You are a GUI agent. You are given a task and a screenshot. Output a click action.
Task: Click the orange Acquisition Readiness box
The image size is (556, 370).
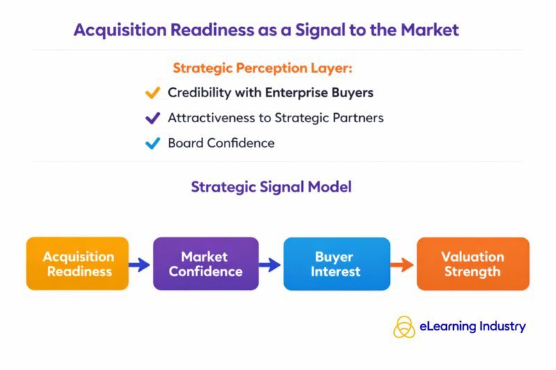coord(77,264)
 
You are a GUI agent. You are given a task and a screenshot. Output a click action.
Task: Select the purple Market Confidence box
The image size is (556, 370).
coord(205,264)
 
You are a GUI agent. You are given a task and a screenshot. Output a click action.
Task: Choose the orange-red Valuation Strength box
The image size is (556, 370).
coord(473,264)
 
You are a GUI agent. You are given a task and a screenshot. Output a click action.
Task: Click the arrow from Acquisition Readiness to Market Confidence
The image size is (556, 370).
coord(140,264)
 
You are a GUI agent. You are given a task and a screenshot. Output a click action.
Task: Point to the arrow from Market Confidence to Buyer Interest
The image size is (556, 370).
coord(270,264)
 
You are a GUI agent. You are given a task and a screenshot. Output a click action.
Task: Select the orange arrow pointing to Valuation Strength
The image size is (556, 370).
coord(401,264)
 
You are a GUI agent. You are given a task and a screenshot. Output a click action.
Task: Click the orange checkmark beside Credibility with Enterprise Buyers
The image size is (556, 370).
coord(152,92)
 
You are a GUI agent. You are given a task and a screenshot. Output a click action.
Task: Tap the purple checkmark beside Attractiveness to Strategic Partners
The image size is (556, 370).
coord(152,118)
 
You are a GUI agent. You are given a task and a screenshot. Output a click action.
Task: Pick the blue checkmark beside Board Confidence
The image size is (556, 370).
coord(152,144)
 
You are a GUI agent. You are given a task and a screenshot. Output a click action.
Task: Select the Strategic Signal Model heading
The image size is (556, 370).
coord(271,187)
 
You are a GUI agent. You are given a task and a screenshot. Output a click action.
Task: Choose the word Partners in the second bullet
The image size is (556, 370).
coord(357,118)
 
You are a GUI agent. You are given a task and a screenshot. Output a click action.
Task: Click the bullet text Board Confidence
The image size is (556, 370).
coord(221,144)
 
